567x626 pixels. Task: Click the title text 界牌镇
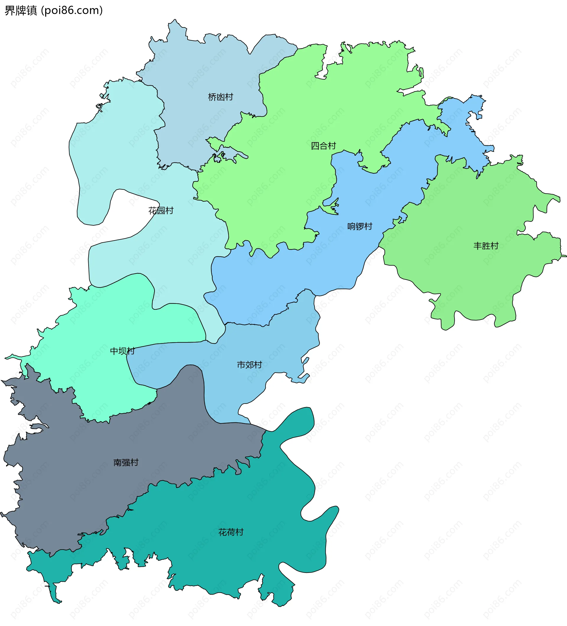pyautogui.click(x=20, y=11)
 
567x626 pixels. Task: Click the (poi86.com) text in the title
pyautogui.click(x=72, y=11)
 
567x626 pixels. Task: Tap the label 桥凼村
pyautogui.click(x=220, y=97)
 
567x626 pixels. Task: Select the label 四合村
pyautogui.click(x=323, y=146)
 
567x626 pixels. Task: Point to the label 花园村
pyautogui.click(x=161, y=211)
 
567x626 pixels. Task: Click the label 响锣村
pyautogui.click(x=360, y=226)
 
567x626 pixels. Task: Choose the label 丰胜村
pyautogui.click(x=486, y=246)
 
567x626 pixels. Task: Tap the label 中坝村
pyautogui.click(x=123, y=351)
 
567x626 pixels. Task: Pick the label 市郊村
pyautogui.click(x=249, y=365)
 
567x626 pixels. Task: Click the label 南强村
pyautogui.click(x=126, y=463)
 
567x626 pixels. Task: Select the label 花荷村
pyautogui.click(x=231, y=532)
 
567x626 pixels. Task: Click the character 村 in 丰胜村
pyautogui.click(x=494, y=246)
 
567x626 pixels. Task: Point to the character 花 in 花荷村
pyautogui.click(x=223, y=532)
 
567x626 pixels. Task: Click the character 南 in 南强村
pyautogui.click(x=118, y=463)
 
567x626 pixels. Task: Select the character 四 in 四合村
pyautogui.click(x=315, y=146)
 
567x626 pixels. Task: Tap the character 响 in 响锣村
pyautogui.click(x=352, y=226)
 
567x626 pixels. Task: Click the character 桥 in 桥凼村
pyautogui.click(x=212, y=97)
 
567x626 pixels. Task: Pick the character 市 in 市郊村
pyautogui.click(x=241, y=365)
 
